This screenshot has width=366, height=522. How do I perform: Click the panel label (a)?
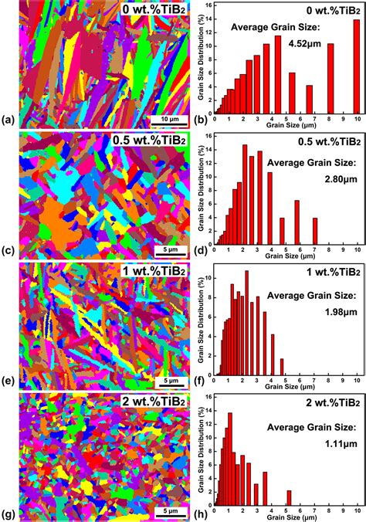coord(8,120)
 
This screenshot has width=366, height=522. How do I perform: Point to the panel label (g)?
coord(8,513)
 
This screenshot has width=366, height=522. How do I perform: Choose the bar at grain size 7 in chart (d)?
coord(315,230)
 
